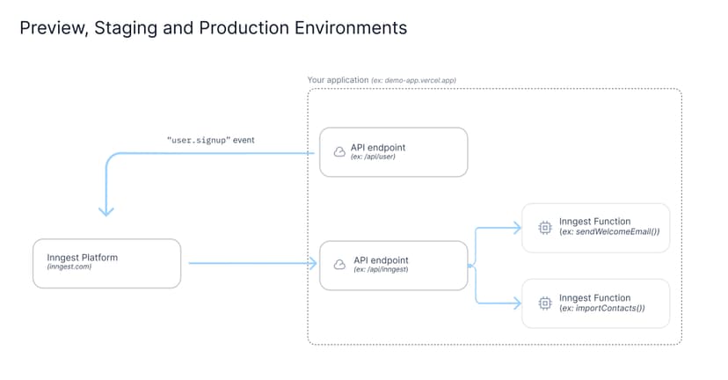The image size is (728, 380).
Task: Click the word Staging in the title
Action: pyautogui.click(x=119, y=28)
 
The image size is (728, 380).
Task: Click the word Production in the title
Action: pyautogui.click(x=223, y=28)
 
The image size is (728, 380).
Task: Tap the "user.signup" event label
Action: pyautogui.click(x=210, y=140)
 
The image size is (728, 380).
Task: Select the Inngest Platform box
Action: pyautogui.click(x=107, y=262)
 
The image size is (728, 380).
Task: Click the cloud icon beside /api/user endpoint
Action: pyautogui.click(x=339, y=152)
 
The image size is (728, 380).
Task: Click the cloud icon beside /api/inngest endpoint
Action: pyautogui.click(x=339, y=265)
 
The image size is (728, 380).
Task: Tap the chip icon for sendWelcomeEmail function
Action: pyautogui.click(x=544, y=228)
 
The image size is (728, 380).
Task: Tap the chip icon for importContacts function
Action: pyautogui.click(x=544, y=303)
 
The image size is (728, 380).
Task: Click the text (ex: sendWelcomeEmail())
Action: pyautogui.click(x=609, y=232)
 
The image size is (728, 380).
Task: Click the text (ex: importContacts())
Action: pyautogui.click(x=602, y=308)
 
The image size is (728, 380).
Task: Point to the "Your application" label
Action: pyautogui.click(x=338, y=80)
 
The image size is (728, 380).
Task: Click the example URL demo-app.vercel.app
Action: pyautogui.click(x=420, y=80)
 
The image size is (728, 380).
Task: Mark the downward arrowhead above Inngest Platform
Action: pyautogui.click(x=106, y=211)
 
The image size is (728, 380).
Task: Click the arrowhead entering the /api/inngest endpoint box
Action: pyautogui.click(x=311, y=263)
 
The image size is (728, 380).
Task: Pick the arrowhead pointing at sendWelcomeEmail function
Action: pyautogui.click(x=515, y=228)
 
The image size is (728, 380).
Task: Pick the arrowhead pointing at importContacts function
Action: pyautogui.click(x=515, y=303)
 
